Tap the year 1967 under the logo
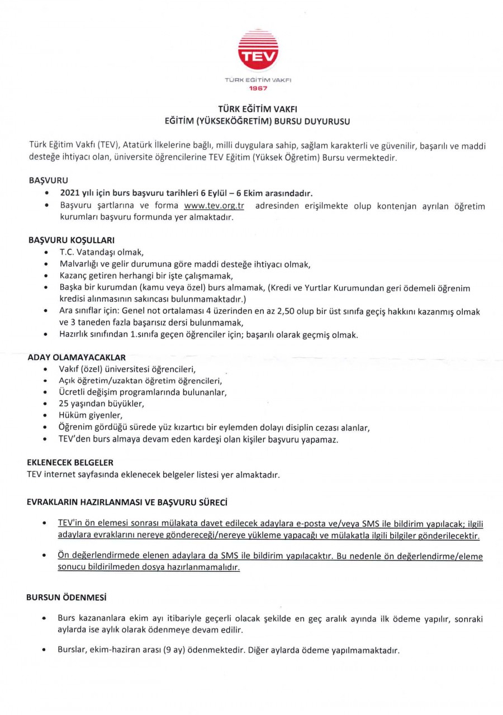258,88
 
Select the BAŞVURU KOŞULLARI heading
72,240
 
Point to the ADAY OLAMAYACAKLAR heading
77,356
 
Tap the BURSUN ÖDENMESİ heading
67,597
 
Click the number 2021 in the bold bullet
70,193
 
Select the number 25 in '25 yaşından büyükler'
63,403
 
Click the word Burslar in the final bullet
72,651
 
